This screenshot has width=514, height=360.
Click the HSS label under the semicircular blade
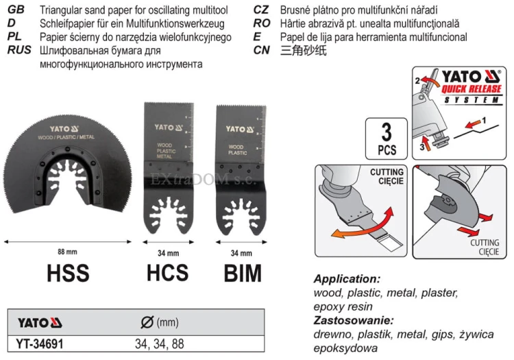pyautogui.click(x=68, y=273)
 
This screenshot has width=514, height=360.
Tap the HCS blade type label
pyautogui.click(x=167, y=273)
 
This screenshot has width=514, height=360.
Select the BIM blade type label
pyautogui.click(x=243, y=273)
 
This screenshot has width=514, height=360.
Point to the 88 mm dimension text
pyautogui.click(x=67, y=252)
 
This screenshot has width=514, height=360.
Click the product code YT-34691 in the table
pyautogui.click(x=40, y=344)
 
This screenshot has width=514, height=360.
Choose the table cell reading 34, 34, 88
pyautogui.click(x=159, y=344)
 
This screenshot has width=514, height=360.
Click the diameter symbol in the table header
pyautogui.click(x=147, y=322)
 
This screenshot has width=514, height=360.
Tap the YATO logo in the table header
pyautogui.click(x=40, y=323)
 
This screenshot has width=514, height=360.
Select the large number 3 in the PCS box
pyautogui.click(x=387, y=132)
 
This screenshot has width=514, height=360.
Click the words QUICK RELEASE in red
pyautogui.click(x=472, y=89)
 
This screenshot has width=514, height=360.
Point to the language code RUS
pyautogui.click(x=19, y=50)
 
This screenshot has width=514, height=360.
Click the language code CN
pyautogui.click(x=262, y=50)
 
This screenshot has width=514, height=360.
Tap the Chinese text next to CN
pyautogui.click(x=303, y=51)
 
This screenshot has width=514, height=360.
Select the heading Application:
pyautogui.click(x=347, y=279)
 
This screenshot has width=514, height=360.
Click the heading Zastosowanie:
pyautogui.click(x=354, y=320)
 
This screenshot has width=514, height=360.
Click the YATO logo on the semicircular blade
pyautogui.click(x=64, y=129)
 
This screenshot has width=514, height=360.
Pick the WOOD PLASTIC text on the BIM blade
pyautogui.click(x=237, y=150)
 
